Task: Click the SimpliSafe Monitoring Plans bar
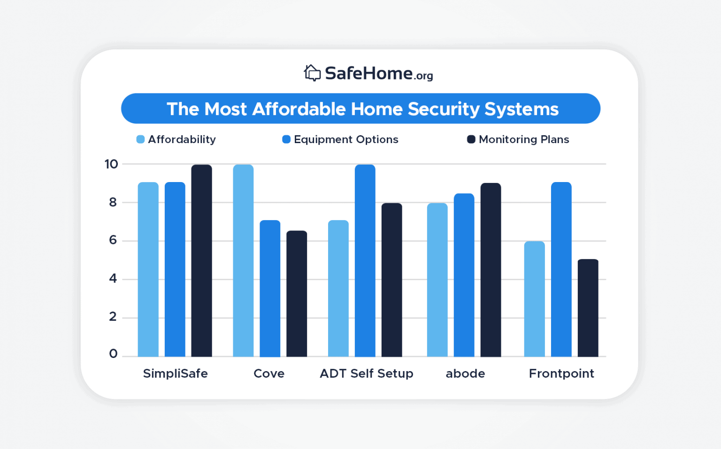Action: pos(201,261)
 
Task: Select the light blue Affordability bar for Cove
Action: pos(243,261)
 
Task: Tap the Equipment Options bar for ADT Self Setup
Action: pos(365,261)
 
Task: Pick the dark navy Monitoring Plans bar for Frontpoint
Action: pos(588,308)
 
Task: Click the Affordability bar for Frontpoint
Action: pos(534,299)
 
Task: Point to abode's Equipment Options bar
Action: pos(464,275)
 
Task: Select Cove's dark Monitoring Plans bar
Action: pos(297,294)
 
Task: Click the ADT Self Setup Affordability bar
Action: pos(338,289)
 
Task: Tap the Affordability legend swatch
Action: pos(140,139)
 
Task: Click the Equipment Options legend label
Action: pos(346,139)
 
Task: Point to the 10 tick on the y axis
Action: pos(111,164)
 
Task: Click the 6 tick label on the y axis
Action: pos(113,240)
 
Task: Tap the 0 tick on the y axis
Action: pos(113,354)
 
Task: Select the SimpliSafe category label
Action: pos(175,373)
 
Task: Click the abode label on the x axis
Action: pos(465,373)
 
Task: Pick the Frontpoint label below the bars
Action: pos(561,373)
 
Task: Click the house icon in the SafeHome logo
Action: pos(312,73)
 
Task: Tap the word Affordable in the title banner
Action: pos(299,109)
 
